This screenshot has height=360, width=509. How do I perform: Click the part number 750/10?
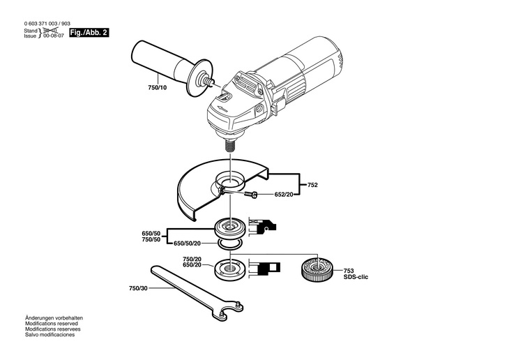(158, 87)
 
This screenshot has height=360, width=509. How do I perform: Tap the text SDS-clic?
(356, 277)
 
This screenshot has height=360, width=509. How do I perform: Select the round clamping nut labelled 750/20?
(228, 268)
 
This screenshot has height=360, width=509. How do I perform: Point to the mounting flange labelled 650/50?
(228, 226)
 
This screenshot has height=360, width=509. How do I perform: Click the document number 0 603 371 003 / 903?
(47, 24)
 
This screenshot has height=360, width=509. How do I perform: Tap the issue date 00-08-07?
(52, 36)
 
